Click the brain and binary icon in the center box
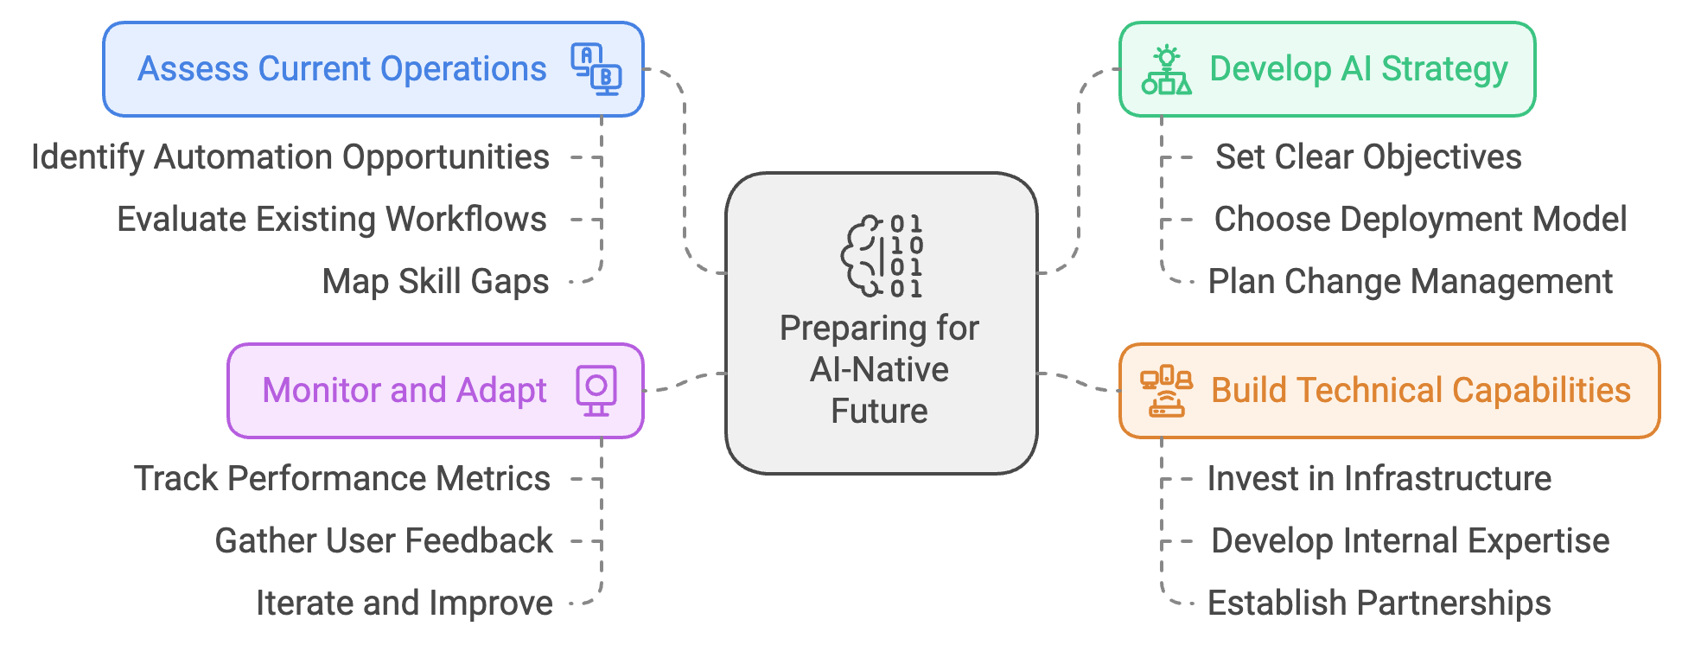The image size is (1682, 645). pos(882,257)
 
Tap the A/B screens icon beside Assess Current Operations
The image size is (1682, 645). pos(596,69)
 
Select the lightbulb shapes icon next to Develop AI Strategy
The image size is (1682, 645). pos(1167,69)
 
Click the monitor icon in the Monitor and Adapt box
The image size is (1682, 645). pos(596,391)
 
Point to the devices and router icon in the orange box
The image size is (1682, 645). pos(1167,391)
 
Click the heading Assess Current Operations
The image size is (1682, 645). pos(342,69)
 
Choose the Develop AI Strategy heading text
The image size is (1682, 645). pos(1359,69)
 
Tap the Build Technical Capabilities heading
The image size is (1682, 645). pos(1421,391)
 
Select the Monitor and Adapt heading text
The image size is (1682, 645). pos(405,391)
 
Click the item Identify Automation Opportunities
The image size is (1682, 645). pos(290,157)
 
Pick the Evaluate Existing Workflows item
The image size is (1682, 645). pos(332,220)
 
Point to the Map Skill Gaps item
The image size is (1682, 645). pos(436,282)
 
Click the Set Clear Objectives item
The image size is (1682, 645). pos(1368,157)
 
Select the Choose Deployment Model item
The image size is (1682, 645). pos(1420,220)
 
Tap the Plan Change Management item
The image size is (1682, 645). pos(1410,282)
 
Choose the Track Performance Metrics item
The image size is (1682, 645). pos(342,479)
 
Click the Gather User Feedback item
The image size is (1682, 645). pos(384,541)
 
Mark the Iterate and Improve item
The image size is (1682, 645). pos(405,603)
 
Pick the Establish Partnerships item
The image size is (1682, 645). pos(1379,603)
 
